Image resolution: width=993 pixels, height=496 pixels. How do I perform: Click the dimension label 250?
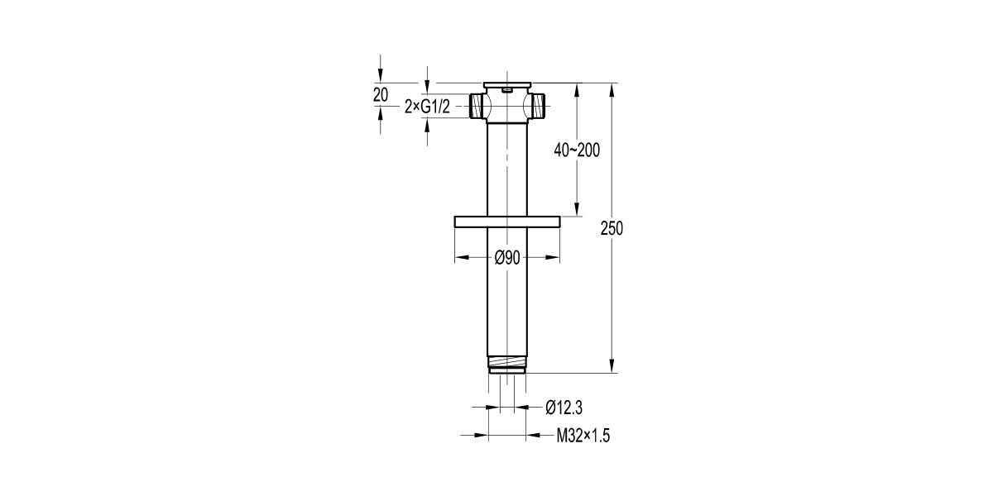[x=612, y=229]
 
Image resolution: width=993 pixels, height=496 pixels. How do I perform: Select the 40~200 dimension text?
[x=577, y=150]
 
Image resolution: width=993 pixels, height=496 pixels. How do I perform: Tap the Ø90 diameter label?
[x=506, y=258]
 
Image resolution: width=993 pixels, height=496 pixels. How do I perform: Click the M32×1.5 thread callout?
[x=582, y=435]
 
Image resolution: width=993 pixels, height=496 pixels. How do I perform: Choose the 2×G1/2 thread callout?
[x=427, y=106]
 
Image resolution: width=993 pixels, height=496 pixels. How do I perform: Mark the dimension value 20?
[x=381, y=95]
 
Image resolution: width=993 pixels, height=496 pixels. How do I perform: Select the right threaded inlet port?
[x=540, y=105]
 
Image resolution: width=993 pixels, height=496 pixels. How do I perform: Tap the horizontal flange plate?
[x=507, y=221]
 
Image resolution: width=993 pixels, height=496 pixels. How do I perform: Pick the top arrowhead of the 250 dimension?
[x=612, y=88]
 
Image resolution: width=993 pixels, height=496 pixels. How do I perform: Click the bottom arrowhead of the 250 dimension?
[x=612, y=367]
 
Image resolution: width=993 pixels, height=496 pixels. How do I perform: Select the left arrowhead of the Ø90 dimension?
[x=460, y=258]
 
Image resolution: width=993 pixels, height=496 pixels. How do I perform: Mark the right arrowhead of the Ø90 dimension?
[x=555, y=258]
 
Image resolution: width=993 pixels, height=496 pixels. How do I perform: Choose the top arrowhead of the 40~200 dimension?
[x=577, y=88]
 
